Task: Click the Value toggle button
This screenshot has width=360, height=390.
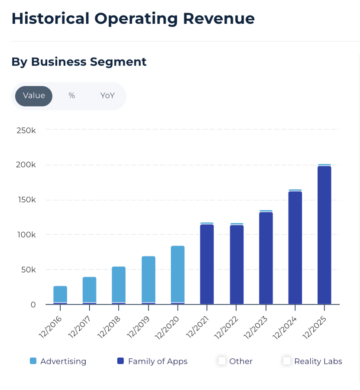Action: [34, 96]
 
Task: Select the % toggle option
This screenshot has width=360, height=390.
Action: [72, 96]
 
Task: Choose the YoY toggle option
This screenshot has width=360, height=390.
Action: [107, 96]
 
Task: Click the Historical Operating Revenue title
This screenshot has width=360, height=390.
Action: [133, 19]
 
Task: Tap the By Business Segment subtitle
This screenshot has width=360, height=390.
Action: [79, 62]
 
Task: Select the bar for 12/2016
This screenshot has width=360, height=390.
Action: [60, 295]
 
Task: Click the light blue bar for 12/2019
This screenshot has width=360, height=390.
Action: [149, 279]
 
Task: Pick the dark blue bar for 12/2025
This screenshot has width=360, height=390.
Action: [324, 234]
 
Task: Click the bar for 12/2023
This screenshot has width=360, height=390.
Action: [266, 258]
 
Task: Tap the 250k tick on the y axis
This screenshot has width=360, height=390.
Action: [26, 130]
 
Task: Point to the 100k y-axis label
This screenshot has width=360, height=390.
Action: [26, 235]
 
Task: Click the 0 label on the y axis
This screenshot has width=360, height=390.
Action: [33, 305]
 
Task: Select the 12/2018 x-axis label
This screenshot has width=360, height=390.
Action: [110, 328]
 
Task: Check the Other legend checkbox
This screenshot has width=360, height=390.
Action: [222, 361]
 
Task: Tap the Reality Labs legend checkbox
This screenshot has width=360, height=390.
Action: [287, 361]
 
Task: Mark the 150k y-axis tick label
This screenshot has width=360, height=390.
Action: [26, 200]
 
